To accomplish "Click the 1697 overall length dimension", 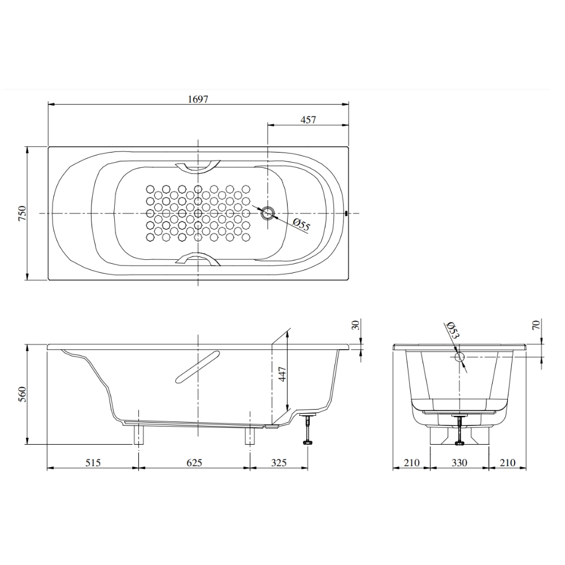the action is point(198,99).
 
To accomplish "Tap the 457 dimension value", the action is point(308,120).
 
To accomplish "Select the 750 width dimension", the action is point(23,214).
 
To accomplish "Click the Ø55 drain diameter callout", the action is point(301,225).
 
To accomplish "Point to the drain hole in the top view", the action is point(268,213).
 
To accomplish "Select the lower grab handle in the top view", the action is point(197,259).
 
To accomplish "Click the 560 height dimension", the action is point(23,394).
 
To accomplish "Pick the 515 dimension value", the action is point(93,462).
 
